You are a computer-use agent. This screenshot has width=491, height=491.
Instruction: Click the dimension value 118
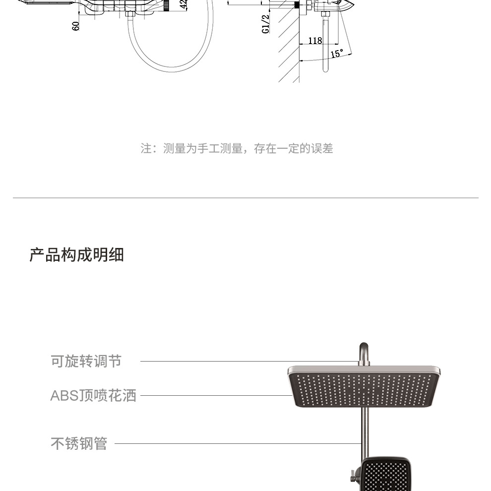point(315,41)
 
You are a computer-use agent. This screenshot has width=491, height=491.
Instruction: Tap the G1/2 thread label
point(266,24)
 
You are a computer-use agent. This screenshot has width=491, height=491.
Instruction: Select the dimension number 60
point(76,26)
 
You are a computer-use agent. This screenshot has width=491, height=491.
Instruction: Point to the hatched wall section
point(289,50)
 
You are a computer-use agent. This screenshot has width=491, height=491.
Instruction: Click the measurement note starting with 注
point(237,148)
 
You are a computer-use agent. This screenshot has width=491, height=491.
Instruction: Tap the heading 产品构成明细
point(76,255)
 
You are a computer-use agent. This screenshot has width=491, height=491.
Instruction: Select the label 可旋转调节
point(86,361)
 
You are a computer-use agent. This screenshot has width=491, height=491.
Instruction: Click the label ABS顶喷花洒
point(93,396)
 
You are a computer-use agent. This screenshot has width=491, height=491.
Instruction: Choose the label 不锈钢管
point(79,443)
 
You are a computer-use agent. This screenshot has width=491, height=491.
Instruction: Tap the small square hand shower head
point(385,475)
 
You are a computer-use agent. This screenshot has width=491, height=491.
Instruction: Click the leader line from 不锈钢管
point(238,443)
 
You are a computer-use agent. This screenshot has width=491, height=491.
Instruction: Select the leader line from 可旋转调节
point(248,361)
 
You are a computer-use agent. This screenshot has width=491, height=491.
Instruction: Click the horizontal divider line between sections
point(245,198)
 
